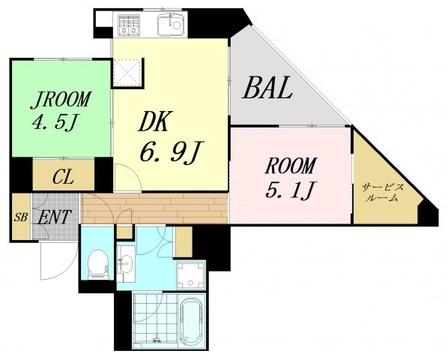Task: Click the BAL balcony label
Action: [x=267, y=88]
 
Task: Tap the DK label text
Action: [x=154, y=121]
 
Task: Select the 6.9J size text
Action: [x=171, y=151]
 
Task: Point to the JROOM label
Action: [x=61, y=100]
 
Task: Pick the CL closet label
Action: [x=63, y=176]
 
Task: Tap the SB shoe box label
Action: [x=21, y=217]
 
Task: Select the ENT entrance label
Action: [x=54, y=217]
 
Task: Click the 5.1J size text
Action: [x=290, y=190]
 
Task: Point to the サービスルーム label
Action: [x=383, y=192]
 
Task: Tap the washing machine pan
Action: [x=190, y=274]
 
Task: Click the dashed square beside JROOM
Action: [x=127, y=72]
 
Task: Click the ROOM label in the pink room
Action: [x=291, y=166]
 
